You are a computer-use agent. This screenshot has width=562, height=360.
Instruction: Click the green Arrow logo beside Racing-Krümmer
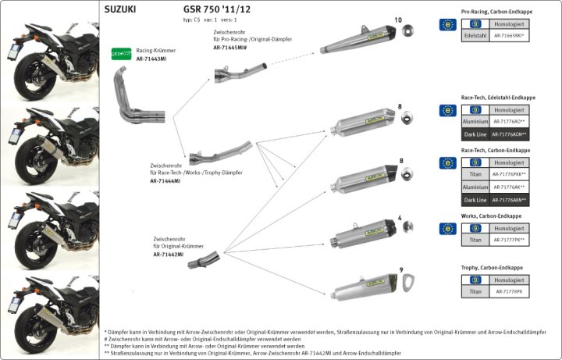[x=120, y=54]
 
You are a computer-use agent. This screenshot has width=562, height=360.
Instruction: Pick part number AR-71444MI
[x=165, y=180]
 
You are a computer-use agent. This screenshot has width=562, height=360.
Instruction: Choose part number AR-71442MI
[x=169, y=255]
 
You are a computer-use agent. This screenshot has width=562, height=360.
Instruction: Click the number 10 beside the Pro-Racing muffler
[x=398, y=20]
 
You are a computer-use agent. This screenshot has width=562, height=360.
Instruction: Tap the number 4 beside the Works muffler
[x=400, y=218]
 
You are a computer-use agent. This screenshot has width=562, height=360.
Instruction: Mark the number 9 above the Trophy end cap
[x=400, y=270]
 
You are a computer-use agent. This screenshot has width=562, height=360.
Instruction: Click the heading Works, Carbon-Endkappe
[x=493, y=216]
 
